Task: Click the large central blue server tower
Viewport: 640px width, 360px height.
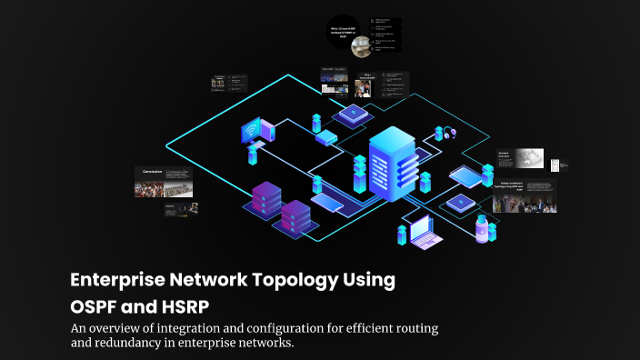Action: pos(391,164)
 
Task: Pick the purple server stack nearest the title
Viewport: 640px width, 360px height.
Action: pos(296,218)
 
